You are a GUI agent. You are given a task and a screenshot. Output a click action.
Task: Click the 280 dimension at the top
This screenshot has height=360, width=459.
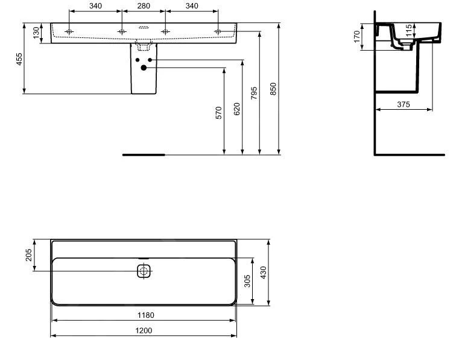coord(144,5)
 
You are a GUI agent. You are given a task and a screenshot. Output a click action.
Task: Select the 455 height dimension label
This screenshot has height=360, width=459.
coord(19,59)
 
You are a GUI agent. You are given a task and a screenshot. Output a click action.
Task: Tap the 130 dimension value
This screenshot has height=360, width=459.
coord(36,33)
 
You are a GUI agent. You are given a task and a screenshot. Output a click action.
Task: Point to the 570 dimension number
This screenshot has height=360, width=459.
coord(219,113)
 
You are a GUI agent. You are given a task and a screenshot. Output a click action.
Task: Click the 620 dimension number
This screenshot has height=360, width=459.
coord(237,109)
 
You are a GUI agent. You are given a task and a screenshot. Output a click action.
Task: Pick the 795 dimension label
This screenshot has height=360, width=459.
coord(254,93)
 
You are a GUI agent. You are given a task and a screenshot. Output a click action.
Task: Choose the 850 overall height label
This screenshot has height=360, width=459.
coord(273,89)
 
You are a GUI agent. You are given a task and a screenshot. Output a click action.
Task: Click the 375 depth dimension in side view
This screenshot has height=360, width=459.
coord(404,104)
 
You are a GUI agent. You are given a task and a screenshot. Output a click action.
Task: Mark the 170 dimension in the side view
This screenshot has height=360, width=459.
coord(356,37)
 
